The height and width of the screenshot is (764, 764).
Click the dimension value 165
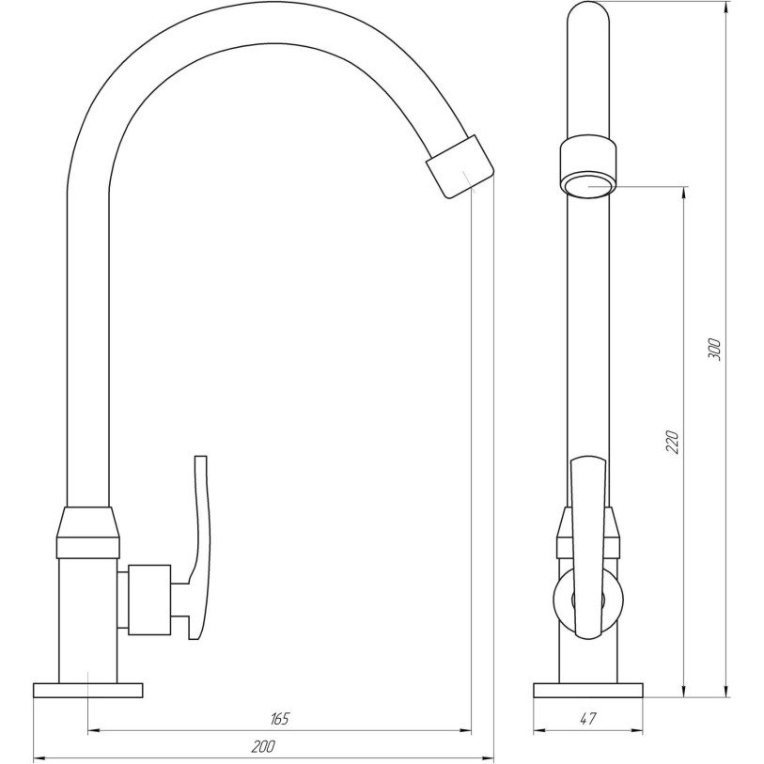click(280, 718)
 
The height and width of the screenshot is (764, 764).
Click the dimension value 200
click(263, 746)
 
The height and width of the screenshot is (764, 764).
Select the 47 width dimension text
click(588, 718)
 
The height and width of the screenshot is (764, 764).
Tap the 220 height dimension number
click(672, 442)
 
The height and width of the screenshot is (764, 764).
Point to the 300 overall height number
click(714, 349)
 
